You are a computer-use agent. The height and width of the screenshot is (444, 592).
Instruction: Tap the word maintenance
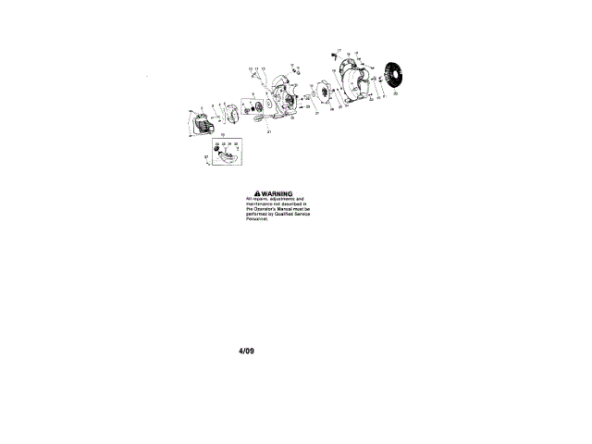tap(262, 203)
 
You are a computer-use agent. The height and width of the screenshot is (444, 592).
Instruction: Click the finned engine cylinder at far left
tap(203, 120)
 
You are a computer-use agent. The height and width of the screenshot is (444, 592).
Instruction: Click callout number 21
tap(269, 132)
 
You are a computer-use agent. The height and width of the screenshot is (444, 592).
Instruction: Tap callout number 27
tap(316, 112)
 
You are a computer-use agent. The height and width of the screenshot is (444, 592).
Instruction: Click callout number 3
tap(212, 105)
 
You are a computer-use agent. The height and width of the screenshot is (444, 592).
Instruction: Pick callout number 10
tap(250, 69)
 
